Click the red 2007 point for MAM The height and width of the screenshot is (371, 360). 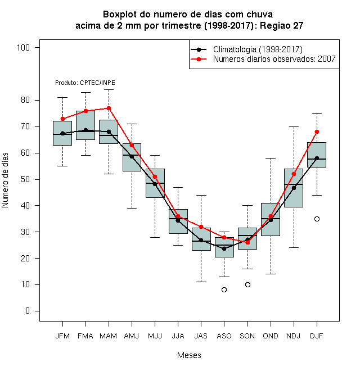click(109, 108)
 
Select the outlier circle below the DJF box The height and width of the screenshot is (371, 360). click(317, 219)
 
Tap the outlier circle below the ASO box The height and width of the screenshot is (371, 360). click(224, 289)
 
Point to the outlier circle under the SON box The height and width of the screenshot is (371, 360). click(247, 284)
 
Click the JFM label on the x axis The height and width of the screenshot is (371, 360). click(62, 336)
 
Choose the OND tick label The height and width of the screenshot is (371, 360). click(271, 336)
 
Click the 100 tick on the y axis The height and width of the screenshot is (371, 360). click(23, 48)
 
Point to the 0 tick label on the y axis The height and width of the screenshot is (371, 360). click(28, 311)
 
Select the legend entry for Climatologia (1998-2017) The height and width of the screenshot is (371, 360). click(246, 49)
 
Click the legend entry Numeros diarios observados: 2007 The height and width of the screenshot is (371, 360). click(263, 59)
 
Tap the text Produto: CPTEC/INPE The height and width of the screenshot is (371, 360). click(85, 83)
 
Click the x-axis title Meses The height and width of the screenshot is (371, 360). click(189, 355)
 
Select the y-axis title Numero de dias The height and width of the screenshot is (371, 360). click(5, 180)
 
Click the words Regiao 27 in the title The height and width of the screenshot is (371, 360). click(281, 25)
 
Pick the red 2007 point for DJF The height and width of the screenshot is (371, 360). click(317, 132)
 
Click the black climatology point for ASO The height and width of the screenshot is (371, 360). click(224, 248)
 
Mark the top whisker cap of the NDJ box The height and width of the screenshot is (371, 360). click(294, 127)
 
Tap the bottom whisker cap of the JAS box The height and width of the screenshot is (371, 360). click(201, 282)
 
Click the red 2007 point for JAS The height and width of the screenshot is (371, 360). click(201, 227)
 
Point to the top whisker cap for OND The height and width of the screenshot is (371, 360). click(271, 158)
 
